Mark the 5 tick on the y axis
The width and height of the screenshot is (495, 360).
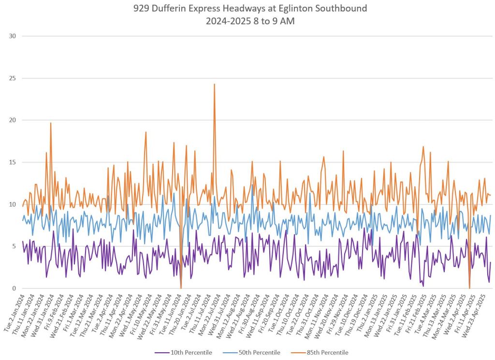pyautogui.click(x=13, y=246)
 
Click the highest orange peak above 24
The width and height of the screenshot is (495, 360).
pyautogui.click(x=214, y=85)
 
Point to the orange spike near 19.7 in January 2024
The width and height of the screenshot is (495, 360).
pyautogui.click(x=50, y=123)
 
